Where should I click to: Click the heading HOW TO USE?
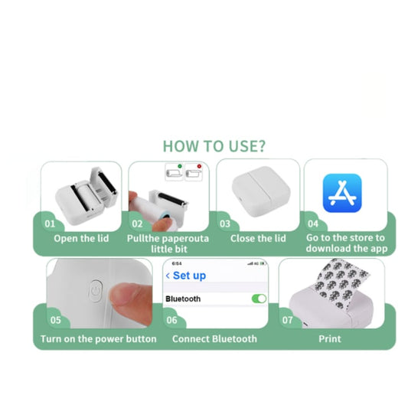click(214, 146)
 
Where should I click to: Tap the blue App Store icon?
click(342, 193)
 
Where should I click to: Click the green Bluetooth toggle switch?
click(259, 299)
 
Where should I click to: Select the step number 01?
click(50, 224)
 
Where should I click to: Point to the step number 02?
click(137, 224)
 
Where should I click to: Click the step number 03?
click(225, 224)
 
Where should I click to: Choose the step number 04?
click(313, 224)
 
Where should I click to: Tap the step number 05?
click(56, 320)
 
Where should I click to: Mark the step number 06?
click(171, 320)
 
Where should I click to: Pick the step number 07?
click(288, 320)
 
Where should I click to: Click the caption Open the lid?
click(81, 239)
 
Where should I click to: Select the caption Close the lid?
click(258, 238)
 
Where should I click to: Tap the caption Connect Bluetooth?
click(214, 339)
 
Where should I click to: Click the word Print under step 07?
click(330, 339)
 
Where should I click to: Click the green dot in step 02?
click(180, 166)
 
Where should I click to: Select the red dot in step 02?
click(199, 166)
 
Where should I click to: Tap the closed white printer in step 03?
click(261, 191)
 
